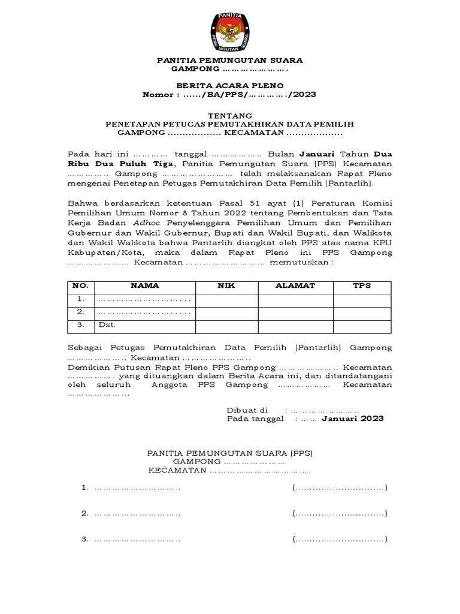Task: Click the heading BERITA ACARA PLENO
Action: coord(229,86)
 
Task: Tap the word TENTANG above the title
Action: coord(229,115)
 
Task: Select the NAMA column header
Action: coord(145,286)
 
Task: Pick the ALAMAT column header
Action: coord(295,286)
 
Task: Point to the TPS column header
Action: coord(361,286)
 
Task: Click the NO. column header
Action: coord(80,286)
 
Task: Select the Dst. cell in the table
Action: coord(107,325)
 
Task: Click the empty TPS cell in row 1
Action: coord(361,299)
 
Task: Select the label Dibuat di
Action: coord(247,410)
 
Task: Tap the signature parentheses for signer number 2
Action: coord(340,514)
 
